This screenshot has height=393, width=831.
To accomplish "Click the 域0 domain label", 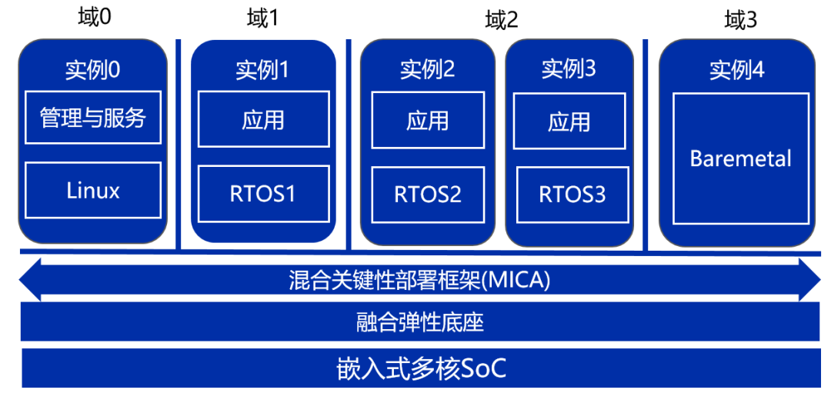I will [x=95, y=17].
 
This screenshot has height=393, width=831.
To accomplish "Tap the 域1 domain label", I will [x=262, y=18].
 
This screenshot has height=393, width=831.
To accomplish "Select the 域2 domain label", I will [x=502, y=19].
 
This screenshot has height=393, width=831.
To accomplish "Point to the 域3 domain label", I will [x=741, y=19].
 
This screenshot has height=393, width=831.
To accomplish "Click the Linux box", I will [x=93, y=190].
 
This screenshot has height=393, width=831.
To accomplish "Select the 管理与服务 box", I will [x=93, y=118].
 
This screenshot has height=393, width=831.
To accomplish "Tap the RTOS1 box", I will [x=262, y=194].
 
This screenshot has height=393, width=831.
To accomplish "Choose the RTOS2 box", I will [x=428, y=195].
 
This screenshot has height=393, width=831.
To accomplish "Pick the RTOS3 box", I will [x=572, y=195].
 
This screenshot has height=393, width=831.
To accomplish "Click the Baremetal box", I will [x=740, y=158].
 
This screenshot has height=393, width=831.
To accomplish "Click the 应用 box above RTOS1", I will [x=262, y=119].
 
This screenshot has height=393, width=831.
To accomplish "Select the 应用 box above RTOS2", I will [x=428, y=120].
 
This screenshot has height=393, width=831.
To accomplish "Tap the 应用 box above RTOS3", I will [x=569, y=122].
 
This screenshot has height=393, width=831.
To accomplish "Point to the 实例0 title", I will [x=93, y=71].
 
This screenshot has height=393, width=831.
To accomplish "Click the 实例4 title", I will [x=737, y=71].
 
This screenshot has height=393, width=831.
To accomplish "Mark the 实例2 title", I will [x=428, y=69].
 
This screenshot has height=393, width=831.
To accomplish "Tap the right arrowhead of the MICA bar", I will [x=811, y=280].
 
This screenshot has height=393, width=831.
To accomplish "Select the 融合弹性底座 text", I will [x=420, y=321].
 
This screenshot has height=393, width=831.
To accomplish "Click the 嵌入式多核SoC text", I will [x=422, y=368].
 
